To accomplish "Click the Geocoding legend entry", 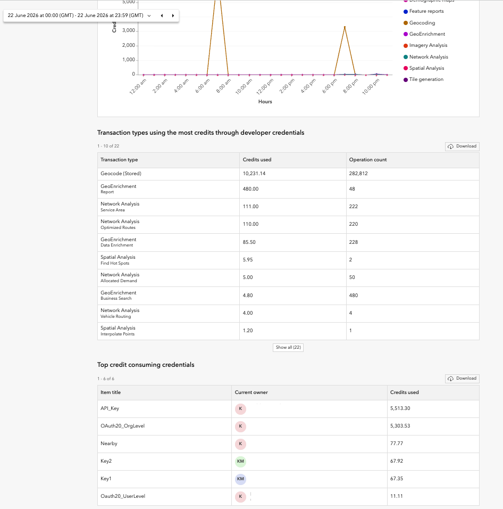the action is (419, 23).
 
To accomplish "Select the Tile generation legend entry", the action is (423, 79).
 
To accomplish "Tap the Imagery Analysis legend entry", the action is (425, 45).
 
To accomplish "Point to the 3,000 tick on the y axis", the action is (129, 30).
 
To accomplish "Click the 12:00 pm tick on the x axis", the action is (265, 86).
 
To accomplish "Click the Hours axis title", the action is (265, 102).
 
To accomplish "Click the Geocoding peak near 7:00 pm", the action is (345, 27).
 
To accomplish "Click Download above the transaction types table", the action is (462, 146).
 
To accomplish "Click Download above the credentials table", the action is (462, 379).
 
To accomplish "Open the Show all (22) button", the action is (288, 347).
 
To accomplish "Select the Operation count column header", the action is (368, 160).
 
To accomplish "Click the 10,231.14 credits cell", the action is (254, 174).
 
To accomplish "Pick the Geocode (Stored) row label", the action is (121, 174).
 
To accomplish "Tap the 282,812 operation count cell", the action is (358, 174).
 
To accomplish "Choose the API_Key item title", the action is (110, 408).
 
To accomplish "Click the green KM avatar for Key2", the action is (240, 461).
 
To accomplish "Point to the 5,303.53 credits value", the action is (400, 426).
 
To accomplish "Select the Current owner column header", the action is (251, 392).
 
